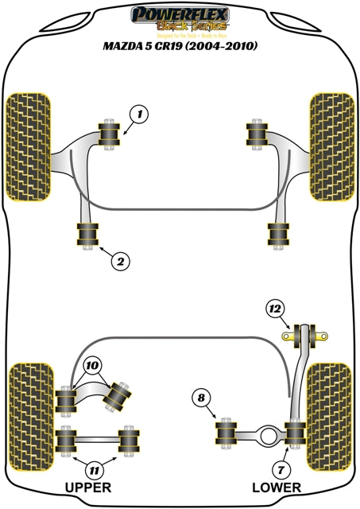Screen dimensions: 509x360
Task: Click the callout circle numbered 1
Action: coord(139,115)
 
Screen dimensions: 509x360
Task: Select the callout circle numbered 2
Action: coord(121,259)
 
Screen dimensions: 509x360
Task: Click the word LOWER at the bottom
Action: coord(276,487)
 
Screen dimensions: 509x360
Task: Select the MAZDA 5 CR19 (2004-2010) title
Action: coord(179,46)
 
